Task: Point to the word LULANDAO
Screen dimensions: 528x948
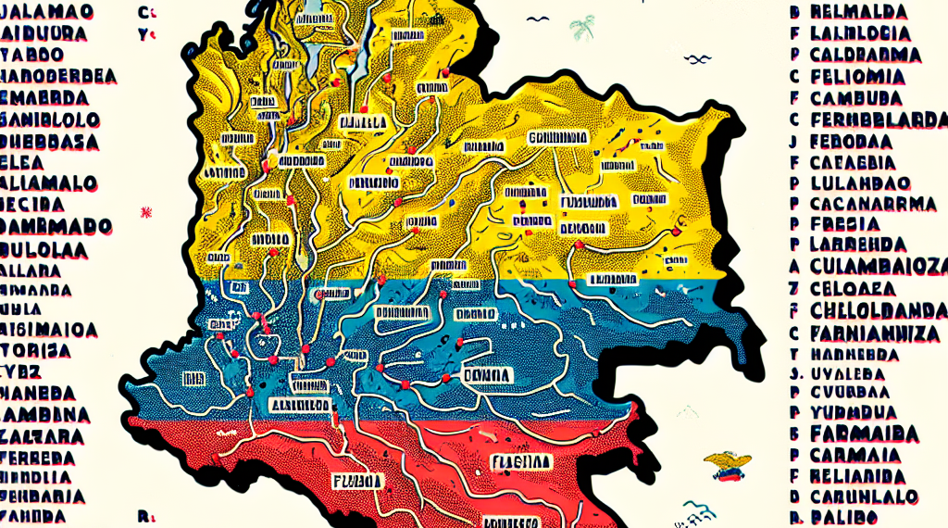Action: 860,182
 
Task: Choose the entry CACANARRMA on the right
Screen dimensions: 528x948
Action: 869,204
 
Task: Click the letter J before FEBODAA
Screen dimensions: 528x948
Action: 793,142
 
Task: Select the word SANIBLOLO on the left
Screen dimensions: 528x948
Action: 50,119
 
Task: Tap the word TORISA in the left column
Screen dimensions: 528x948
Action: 36,350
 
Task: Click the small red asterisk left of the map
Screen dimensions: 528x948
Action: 144,212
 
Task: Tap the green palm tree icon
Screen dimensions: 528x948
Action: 582,27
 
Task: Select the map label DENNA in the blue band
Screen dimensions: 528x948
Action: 487,374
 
